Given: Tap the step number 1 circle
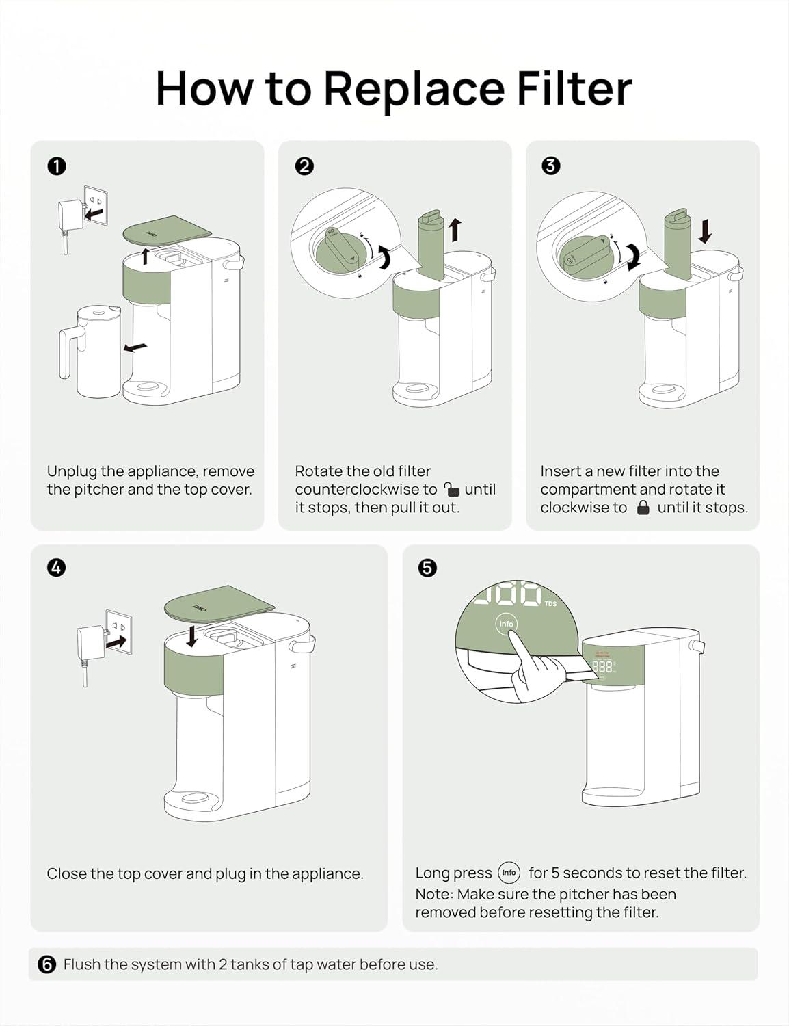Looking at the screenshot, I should tap(57, 166).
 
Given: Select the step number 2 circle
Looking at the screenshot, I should tap(304, 166).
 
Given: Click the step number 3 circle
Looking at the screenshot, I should tap(550, 166).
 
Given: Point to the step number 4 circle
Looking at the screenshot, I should tap(57, 567).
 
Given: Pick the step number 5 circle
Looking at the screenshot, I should tap(427, 567).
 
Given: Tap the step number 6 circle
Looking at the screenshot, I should tap(46, 964).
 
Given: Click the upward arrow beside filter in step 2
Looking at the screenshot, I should tap(455, 230).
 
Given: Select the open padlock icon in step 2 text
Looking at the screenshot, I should tap(451, 489).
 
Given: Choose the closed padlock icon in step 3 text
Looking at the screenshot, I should tap(643, 508).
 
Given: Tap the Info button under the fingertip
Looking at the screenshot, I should tap(506, 624).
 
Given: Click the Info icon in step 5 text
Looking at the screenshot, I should tap(509, 873).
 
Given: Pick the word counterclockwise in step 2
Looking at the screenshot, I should tap(365, 490).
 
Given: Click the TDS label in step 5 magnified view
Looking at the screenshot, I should tap(551, 603).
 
